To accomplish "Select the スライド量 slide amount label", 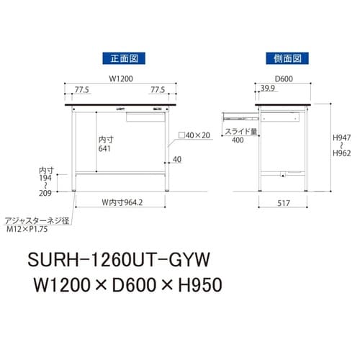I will point(238,131).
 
